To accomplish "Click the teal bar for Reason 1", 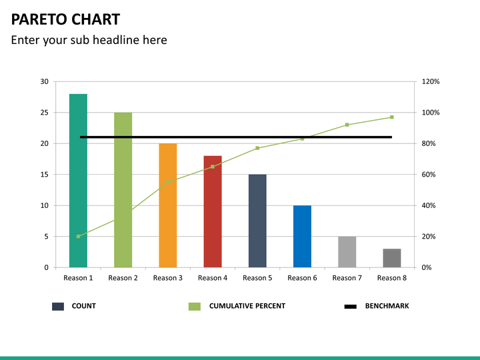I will (78, 180).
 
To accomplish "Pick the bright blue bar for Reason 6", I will (302, 237).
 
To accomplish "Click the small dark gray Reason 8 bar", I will (392, 258).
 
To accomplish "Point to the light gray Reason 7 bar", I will (347, 252).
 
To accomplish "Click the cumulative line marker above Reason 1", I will (78, 236).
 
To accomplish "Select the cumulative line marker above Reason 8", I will (392, 117).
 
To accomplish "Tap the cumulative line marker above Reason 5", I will (257, 148).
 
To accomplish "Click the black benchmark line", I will (233, 137).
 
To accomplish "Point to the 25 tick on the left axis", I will (44, 113).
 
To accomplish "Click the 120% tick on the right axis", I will (431, 81).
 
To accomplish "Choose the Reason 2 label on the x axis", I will (123, 278).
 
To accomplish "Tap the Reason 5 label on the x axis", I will (257, 278).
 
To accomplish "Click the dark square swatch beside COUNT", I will (58, 307).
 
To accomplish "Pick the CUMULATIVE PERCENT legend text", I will (247, 306).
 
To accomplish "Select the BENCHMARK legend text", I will (387, 306).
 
